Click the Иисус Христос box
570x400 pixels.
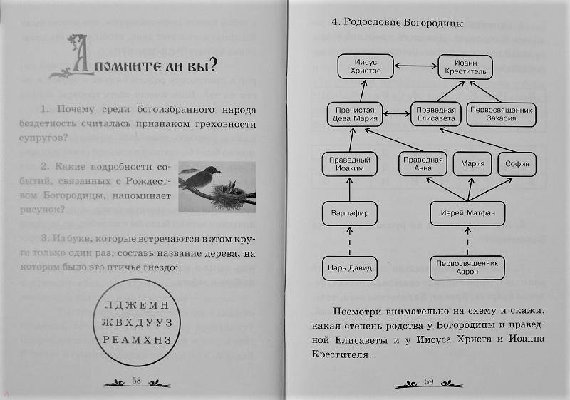pos(366,66)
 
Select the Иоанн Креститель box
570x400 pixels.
pos(465,67)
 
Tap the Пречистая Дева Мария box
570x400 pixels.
pos(355,114)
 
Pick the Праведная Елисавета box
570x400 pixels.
pos(436,114)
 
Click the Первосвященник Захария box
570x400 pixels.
pos(502,114)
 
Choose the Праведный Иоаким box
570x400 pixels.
pos(349,164)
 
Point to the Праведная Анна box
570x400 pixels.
pos(423,164)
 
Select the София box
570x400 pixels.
pos(517,164)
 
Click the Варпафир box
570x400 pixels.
pos(349,213)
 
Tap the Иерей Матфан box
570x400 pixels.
pos(467,213)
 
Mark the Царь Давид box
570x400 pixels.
pos(349,268)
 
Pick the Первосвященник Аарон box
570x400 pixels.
pos(467,267)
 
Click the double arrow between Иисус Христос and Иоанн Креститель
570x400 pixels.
pos(416,66)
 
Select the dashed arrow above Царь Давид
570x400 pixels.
pos(350,241)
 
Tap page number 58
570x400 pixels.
pos(136,381)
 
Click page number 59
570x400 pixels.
pos(429,381)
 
